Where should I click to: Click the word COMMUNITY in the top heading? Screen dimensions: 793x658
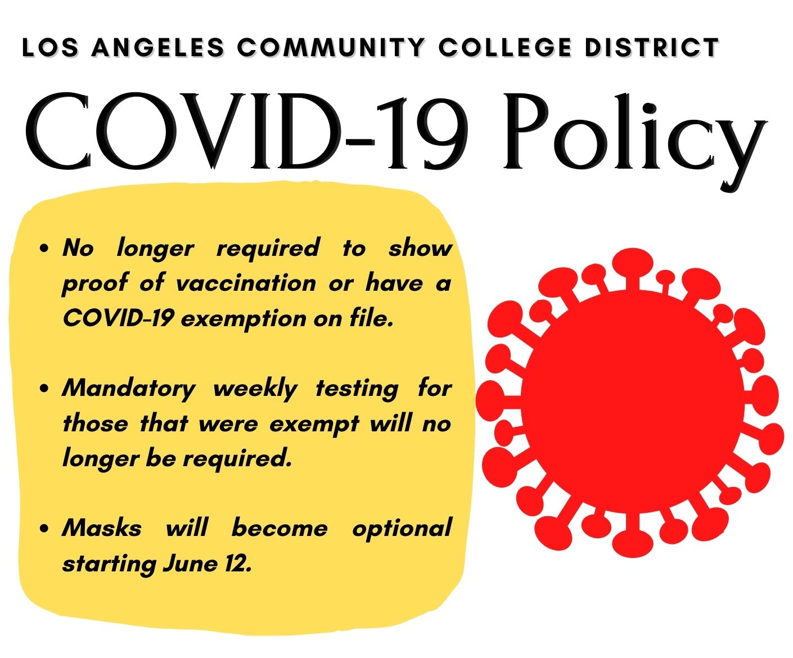[331, 48]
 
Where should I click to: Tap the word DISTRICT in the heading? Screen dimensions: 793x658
[652, 48]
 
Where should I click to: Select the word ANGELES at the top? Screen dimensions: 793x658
[157, 48]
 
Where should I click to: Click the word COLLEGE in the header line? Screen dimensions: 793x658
[505, 48]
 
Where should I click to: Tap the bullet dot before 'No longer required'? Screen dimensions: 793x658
[44, 249]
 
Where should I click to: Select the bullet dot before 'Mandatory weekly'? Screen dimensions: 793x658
[44, 389]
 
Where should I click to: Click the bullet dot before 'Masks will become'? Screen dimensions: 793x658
[44, 529]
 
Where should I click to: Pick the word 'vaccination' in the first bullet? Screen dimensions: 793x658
[246, 283]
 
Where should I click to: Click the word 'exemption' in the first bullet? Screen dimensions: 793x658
[244, 319]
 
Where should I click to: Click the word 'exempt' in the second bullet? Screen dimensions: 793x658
[314, 425]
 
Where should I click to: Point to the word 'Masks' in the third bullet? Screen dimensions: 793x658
[102, 528]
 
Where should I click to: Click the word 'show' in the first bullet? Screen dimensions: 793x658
[420, 248]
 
